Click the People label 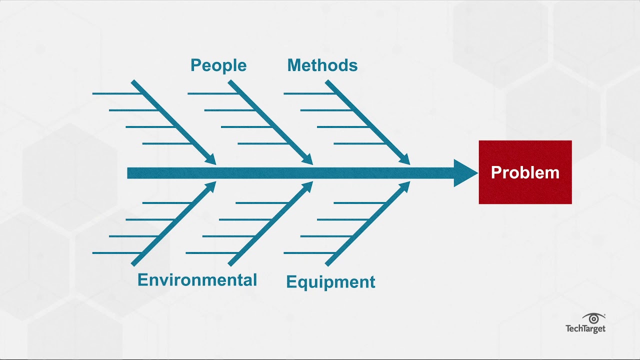coord(218,65)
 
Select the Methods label coord(322,65)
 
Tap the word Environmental coord(197,279)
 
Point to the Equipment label coord(330,282)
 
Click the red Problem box coord(525,172)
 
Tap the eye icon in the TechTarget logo coord(593,319)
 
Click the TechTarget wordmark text coord(585,328)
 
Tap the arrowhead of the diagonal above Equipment coord(403,187)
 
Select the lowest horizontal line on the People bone coord(262,143)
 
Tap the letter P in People coord(195,65)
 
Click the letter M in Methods coord(294,65)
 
